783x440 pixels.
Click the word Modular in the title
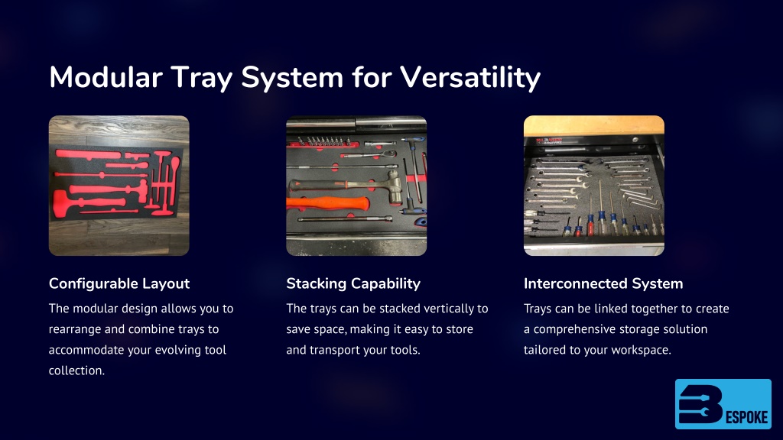(106, 77)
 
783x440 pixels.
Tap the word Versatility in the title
(470, 79)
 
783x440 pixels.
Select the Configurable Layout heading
(119, 283)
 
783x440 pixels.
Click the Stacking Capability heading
(353, 283)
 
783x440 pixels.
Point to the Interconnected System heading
(603, 283)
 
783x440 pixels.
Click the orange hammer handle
(327, 203)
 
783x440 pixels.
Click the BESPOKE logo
(723, 404)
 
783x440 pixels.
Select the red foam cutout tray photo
(119, 186)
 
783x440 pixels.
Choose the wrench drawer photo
(593, 186)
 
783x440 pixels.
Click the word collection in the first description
(77, 370)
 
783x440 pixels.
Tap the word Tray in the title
(202, 79)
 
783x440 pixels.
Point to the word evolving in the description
(177, 350)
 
